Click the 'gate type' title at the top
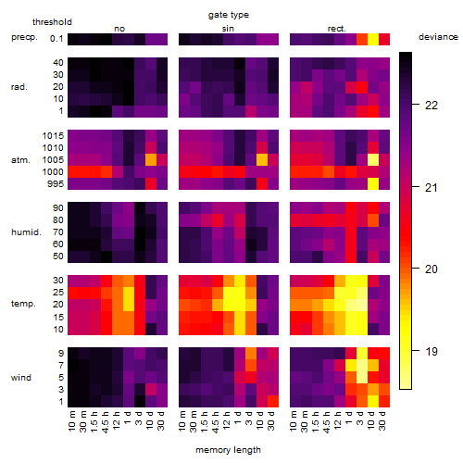[x=229, y=15]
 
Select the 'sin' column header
[x=228, y=29]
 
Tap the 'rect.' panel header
[x=337, y=29]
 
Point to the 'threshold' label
[x=52, y=22]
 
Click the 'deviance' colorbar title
[x=438, y=37]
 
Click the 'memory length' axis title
[x=229, y=450]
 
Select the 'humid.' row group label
[x=26, y=232]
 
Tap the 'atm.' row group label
[x=20, y=160]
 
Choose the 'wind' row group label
[x=21, y=378]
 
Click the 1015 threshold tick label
[x=53, y=136]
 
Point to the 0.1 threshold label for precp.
[x=56, y=39]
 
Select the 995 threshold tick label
[x=56, y=184]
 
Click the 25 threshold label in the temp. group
[x=58, y=293]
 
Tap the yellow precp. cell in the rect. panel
[x=373, y=39]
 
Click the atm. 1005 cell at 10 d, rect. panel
[x=373, y=159]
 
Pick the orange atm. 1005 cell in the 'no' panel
[x=151, y=159]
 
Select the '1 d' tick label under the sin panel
[x=237, y=418]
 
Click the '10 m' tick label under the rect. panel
[x=294, y=420]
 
